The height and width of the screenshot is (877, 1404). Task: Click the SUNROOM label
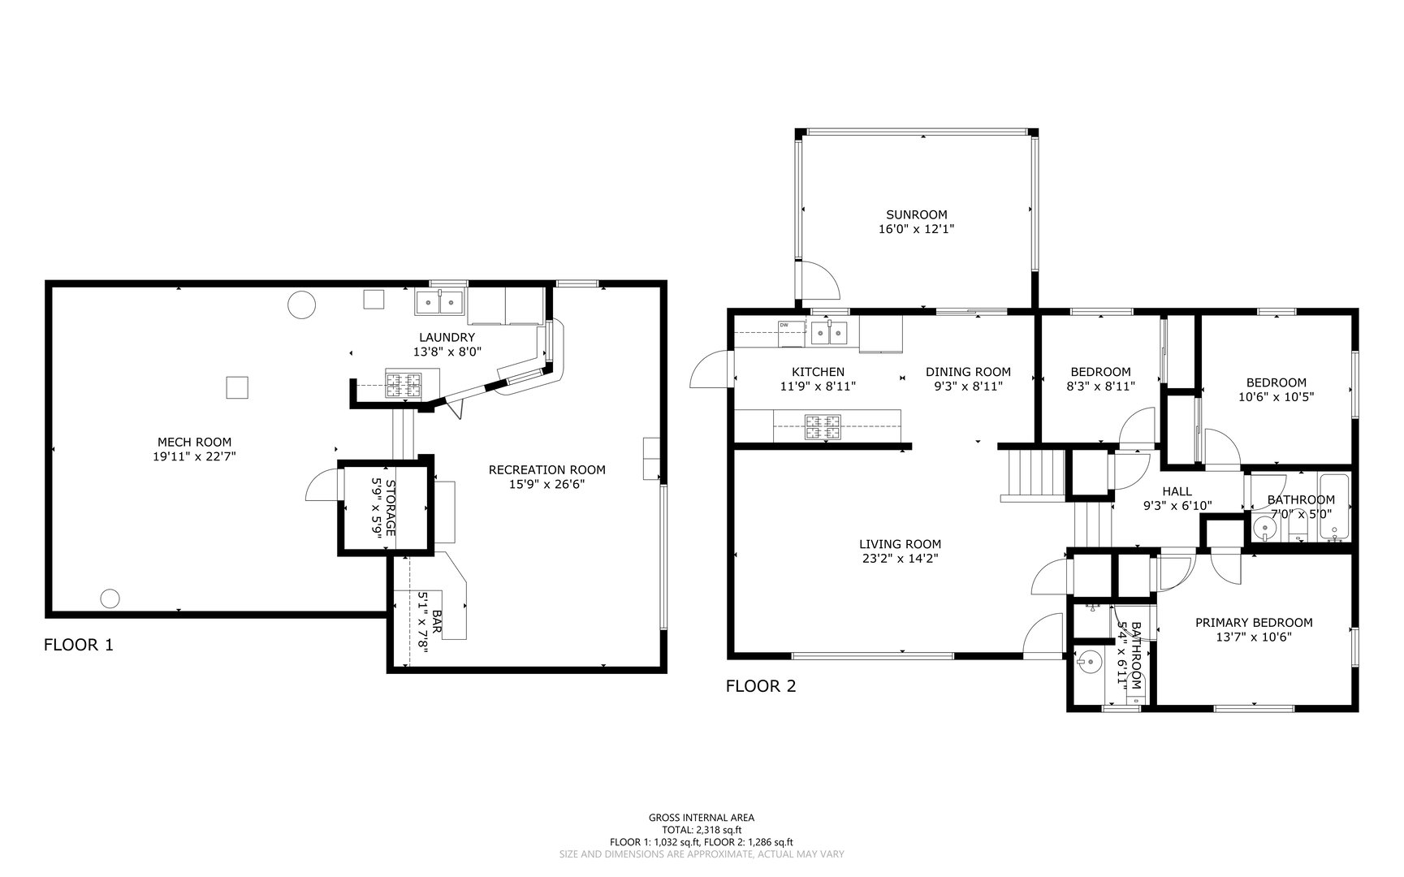(916, 214)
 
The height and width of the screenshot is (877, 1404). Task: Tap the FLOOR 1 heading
(78, 645)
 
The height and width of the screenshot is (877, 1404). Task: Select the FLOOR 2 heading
(760, 686)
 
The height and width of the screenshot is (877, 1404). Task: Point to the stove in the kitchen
(822, 427)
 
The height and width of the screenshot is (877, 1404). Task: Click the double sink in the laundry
(438, 302)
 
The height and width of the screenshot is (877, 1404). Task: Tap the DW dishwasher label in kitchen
(784, 325)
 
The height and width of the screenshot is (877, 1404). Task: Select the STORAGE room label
(390, 508)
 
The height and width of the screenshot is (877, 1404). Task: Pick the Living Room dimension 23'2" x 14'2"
(900, 558)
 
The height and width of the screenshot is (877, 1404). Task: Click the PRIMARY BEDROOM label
(1253, 623)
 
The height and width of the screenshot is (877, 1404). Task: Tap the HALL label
(1177, 491)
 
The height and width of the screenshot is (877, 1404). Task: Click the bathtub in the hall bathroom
(1334, 508)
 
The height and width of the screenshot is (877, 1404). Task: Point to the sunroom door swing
(820, 280)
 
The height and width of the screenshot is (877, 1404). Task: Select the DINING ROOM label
(968, 372)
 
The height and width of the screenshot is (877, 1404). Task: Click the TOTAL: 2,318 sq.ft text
(702, 830)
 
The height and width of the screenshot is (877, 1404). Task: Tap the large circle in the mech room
(301, 305)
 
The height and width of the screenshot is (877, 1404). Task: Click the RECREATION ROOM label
(546, 469)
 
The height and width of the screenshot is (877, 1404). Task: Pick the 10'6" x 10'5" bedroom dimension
(1276, 397)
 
